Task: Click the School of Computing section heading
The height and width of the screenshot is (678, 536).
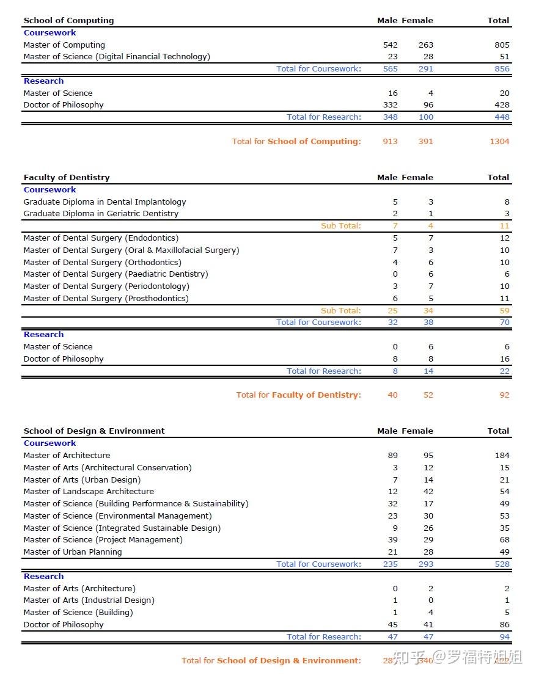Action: pyautogui.click(x=68, y=20)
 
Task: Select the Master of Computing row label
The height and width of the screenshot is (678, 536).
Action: pyautogui.click(x=64, y=45)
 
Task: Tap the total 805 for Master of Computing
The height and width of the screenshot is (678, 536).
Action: pyautogui.click(x=502, y=45)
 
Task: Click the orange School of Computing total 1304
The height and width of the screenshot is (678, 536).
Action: pyautogui.click(x=499, y=141)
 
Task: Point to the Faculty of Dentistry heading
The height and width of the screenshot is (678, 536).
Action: pyautogui.click(x=67, y=177)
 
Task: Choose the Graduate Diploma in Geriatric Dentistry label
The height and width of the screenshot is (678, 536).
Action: pyautogui.click(x=101, y=213)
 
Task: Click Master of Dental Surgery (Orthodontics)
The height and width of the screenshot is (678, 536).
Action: pyautogui.click(x=102, y=262)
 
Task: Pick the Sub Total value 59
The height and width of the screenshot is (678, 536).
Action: pyautogui.click(x=504, y=310)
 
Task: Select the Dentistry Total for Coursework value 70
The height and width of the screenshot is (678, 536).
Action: pyautogui.click(x=504, y=322)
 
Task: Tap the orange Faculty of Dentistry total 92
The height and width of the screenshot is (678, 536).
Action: pyautogui.click(x=504, y=395)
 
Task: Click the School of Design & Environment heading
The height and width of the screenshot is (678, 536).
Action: pyautogui.click(x=94, y=431)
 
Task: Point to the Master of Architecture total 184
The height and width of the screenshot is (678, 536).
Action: pyautogui.click(x=502, y=455)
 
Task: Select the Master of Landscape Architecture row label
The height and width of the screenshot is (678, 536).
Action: pyautogui.click(x=89, y=491)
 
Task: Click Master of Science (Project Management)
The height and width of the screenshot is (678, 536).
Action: pyautogui.click(x=103, y=539)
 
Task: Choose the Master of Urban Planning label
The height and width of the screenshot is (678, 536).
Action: pyautogui.click(x=73, y=552)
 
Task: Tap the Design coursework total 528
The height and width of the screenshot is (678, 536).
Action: pyautogui.click(x=502, y=564)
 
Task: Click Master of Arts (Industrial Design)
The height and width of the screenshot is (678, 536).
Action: pyautogui.click(x=89, y=600)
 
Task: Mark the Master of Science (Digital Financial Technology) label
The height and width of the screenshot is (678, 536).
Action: pyautogui.click(x=117, y=56)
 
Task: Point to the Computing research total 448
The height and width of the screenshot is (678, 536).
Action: pyautogui.click(x=502, y=117)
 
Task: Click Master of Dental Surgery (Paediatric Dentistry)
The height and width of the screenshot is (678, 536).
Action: pyautogui.click(x=116, y=274)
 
